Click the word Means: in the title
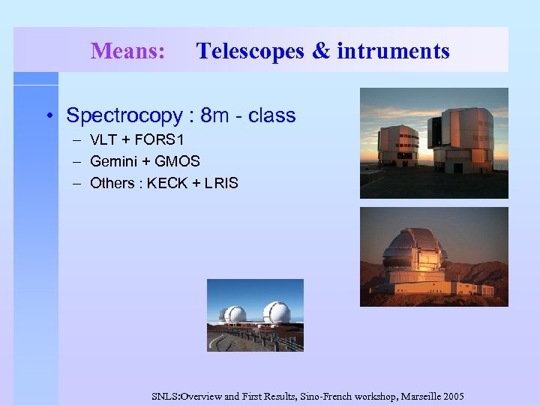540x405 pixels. [127, 51]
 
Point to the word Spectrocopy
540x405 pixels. [124, 115]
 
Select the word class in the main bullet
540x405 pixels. [271, 115]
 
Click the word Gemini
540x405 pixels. [113, 161]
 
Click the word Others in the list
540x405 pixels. [112, 183]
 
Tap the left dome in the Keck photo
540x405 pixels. [235, 315]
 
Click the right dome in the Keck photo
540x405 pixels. [276, 313]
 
